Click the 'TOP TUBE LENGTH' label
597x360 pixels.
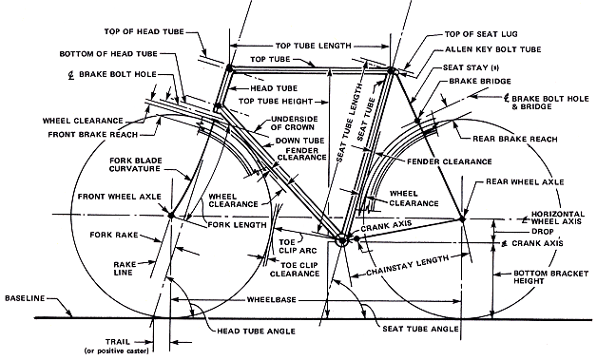[x=314, y=46]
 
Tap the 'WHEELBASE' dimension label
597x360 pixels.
[x=272, y=299]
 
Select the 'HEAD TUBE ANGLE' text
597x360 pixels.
[x=256, y=332]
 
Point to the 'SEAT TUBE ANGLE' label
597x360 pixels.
[x=420, y=329]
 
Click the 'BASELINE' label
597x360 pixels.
[x=25, y=298]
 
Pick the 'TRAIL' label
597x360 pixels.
[x=118, y=342]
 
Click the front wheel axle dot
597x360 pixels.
[x=171, y=216]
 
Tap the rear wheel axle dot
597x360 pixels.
[x=462, y=219]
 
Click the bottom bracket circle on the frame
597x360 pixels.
[x=341, y=240]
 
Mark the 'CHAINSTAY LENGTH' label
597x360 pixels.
[x=408, y=266]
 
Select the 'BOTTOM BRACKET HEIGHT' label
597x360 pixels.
[x=551, y=277]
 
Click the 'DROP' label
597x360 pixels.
[x=543, y=232]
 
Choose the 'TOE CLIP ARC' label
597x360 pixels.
[x=298, y=247]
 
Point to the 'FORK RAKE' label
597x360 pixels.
[x=114, y=235]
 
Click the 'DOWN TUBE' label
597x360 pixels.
[x=300, y=141]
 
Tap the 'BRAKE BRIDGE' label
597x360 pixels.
[x=480, y=82]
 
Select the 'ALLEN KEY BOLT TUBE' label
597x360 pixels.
[x=493, y=49]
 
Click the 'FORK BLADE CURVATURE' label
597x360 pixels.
[x=135, y=164]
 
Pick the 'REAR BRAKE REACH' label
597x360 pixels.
[x=514, y=139]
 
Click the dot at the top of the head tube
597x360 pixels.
[x=229, y=68]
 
